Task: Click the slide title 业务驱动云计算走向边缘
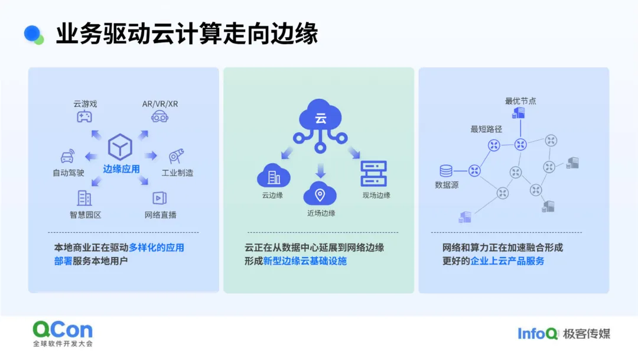point(187,34)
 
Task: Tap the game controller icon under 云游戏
point(84,116)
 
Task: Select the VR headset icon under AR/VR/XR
point(159,117)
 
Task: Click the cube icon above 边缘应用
point(120,147)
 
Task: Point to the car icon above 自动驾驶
point(67,157)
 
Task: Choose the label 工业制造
point(177,173)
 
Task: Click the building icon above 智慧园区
point(84,199)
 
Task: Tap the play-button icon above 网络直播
point(159,198)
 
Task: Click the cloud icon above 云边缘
point(274,175)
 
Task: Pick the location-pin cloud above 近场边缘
point(320,193)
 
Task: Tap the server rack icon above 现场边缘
point(373,174)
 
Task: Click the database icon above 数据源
point(446,171)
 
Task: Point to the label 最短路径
point(486,129)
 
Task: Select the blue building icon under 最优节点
point(519,113)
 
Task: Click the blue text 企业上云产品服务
point(507,261)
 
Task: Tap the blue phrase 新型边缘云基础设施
point(305,261)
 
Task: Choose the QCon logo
point(63,333)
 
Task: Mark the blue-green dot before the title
point(34,35)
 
